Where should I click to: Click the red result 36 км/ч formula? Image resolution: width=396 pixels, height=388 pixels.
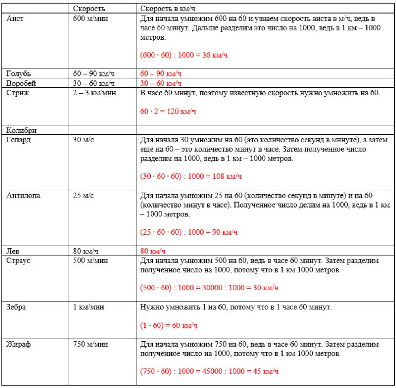pyautogui.click(x=184, y=56)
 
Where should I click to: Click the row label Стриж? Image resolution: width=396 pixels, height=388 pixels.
pyautogui.click(x=16, y=94)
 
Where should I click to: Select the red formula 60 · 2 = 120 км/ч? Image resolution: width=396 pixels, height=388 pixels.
pyautogui.click(x=168, y=111)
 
